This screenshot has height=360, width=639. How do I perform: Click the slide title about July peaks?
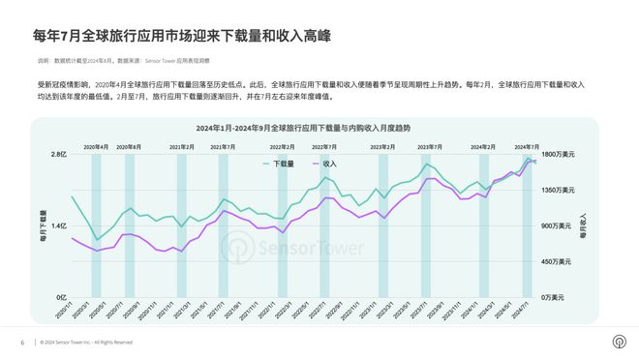click(x=182, y=36)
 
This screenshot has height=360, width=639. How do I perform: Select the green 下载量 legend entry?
click(x=282, y=164)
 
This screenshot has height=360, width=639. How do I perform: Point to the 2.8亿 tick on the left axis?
click(x=57, y=154)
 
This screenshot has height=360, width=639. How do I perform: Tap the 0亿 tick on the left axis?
click(x=60, y=296)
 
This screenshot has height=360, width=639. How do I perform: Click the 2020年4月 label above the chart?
click(x=96, y=146)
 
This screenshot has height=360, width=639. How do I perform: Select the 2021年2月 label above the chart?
click(x=182, y=146)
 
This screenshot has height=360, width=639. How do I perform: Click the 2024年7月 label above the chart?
click(x=527, y=146)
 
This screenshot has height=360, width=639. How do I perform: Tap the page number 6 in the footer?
click(x=22, y=343)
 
